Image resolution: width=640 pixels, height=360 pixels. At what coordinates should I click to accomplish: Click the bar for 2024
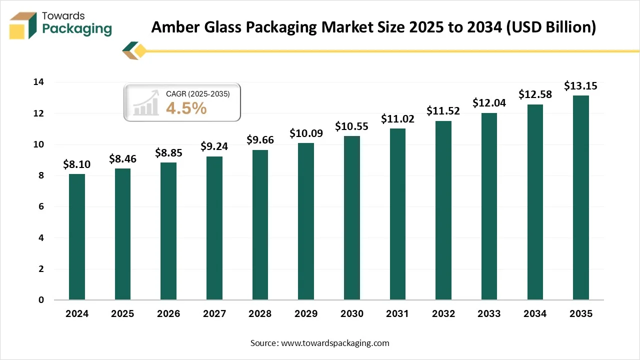tap(77, 237)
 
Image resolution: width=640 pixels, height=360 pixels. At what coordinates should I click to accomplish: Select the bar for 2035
tap(580, 197)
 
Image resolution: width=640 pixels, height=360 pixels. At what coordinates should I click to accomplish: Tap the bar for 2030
tap(351, 218)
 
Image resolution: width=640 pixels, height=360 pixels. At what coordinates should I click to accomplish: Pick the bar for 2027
tap(214, 228)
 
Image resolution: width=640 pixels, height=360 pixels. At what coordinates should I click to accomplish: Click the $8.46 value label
tap(122, 159)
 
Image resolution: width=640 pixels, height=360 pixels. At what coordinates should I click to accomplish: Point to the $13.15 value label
tap(580, 86)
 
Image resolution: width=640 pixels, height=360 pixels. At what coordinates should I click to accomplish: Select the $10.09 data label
tap(306, 133)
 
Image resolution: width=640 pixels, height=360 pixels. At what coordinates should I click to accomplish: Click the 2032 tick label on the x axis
tap(443, 314)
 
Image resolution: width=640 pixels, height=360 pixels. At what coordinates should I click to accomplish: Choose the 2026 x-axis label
tap(168, 314)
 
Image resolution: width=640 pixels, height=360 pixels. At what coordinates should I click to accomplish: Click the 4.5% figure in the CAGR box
tap(186, 108)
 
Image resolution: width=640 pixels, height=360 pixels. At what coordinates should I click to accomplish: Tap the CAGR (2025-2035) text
tap(197, 93)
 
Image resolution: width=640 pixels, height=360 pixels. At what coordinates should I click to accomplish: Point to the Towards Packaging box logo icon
tap(23, 25)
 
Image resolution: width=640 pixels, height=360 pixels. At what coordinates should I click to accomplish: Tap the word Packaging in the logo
tap(77, 29)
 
